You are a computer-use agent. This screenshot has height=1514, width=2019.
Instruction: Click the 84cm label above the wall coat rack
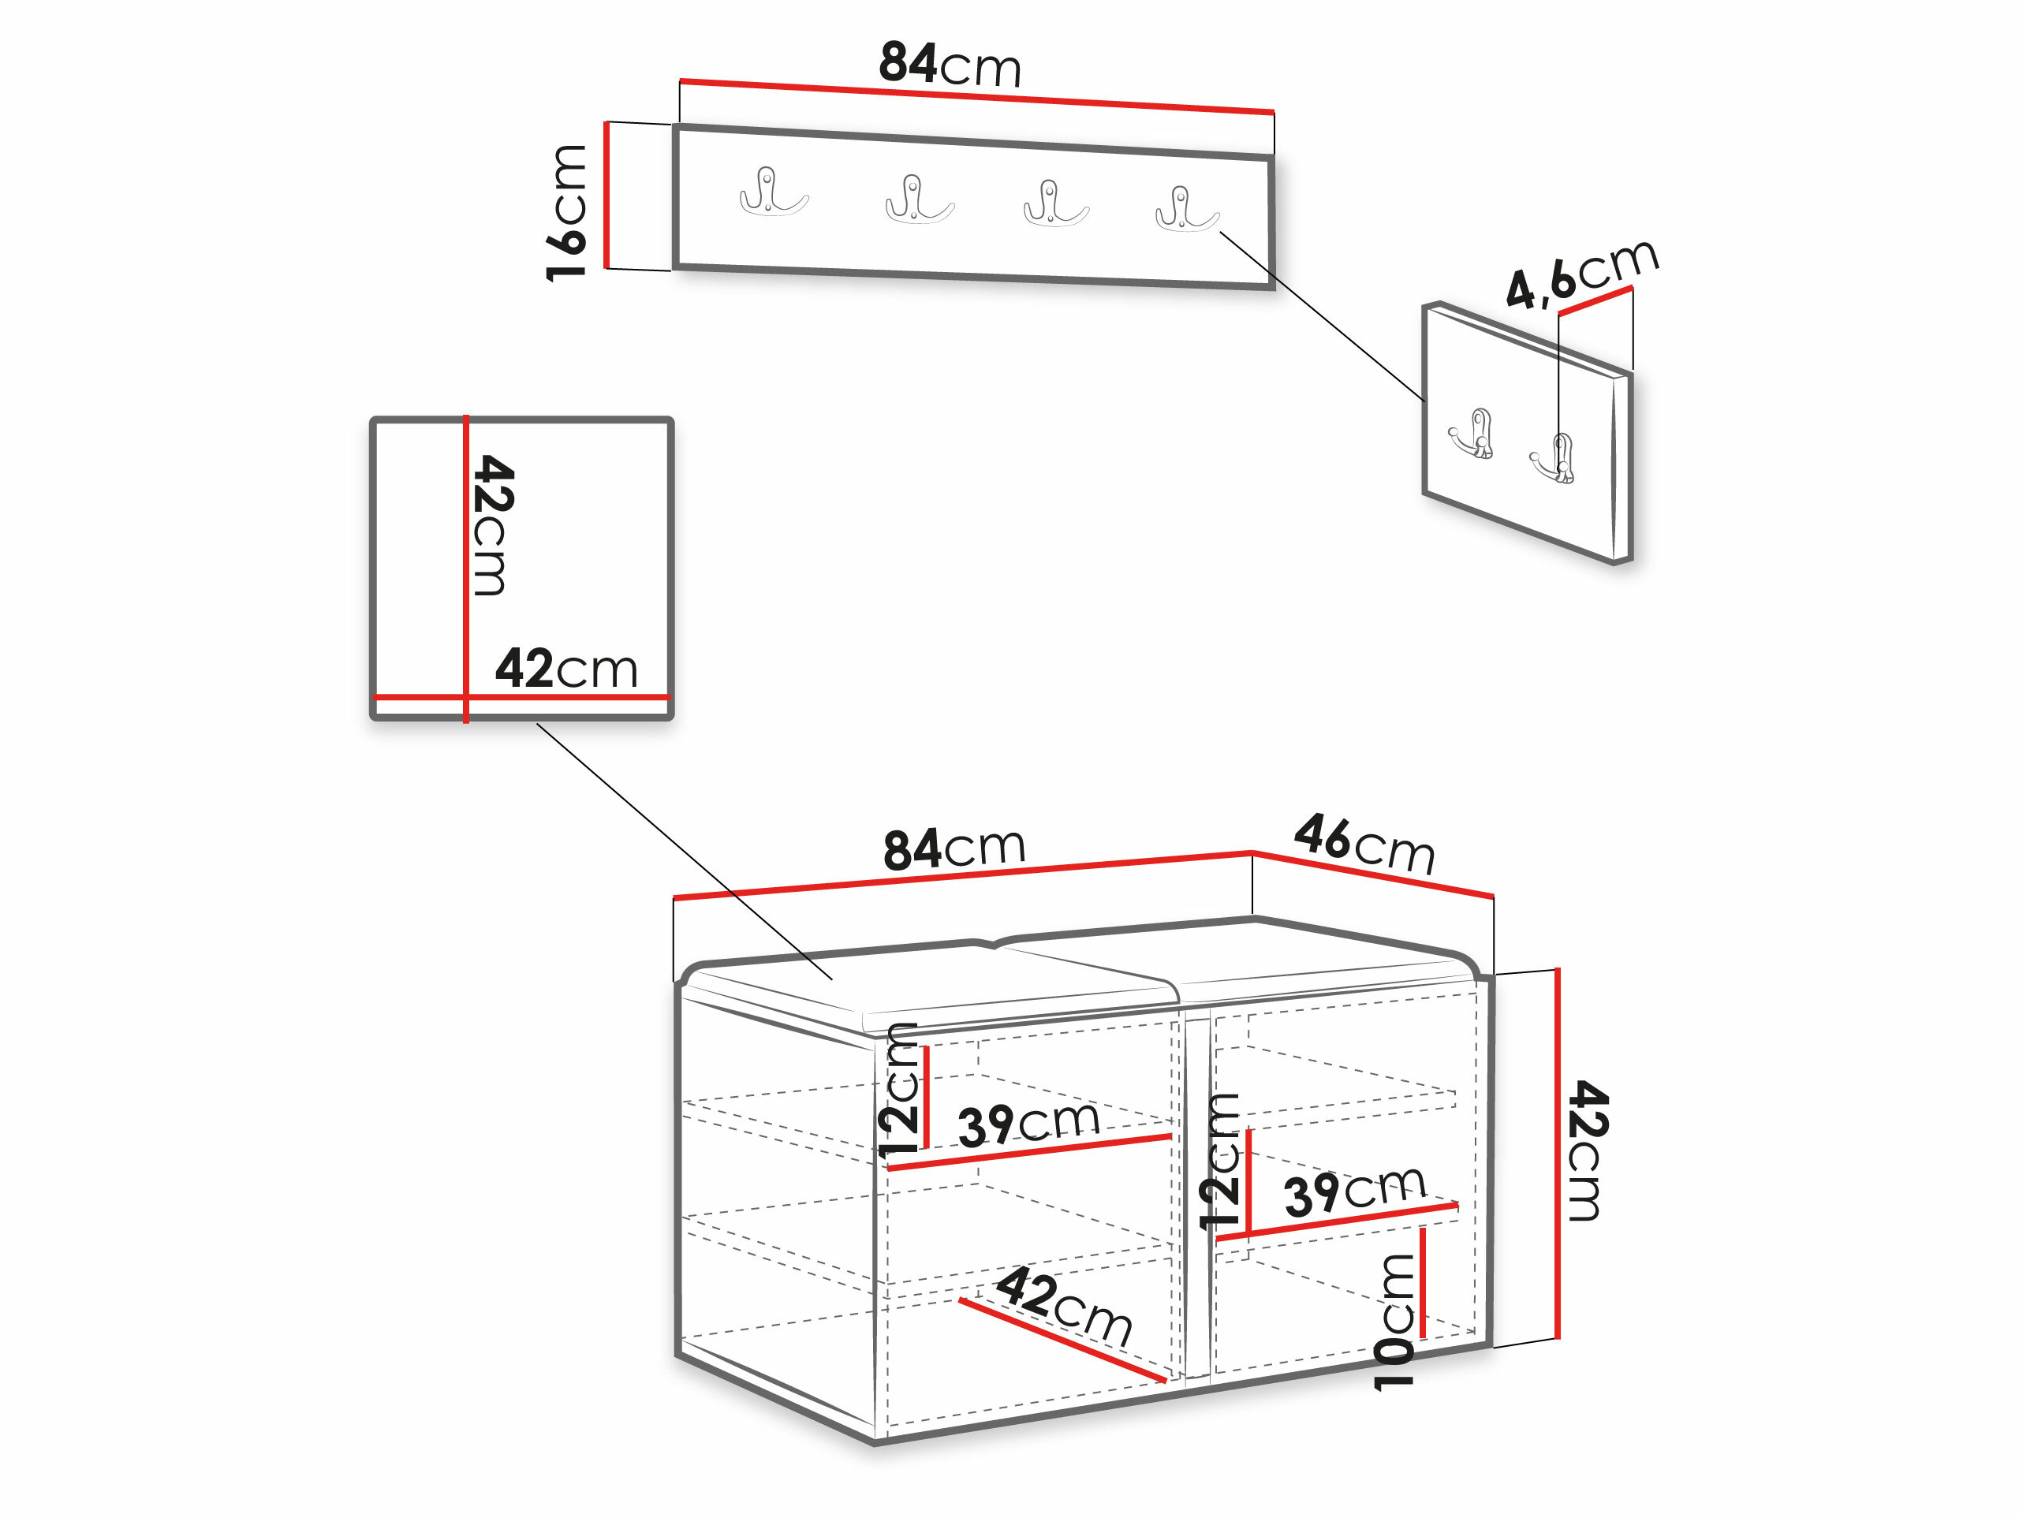point(950,65)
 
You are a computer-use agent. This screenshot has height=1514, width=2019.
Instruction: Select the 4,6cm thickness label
point(1582,273)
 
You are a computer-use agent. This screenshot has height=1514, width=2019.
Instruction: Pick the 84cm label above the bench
point(954,848)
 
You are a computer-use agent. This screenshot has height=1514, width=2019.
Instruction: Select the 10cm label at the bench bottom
point(1394,1321)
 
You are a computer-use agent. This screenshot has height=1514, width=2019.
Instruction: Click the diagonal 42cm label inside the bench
point(1064,1305)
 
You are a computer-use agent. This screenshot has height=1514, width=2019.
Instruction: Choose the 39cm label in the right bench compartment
point(1354,1191)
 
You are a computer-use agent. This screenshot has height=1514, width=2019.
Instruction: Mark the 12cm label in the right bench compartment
point(1219,1161)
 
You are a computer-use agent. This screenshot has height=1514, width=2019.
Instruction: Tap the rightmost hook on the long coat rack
point(1185,209)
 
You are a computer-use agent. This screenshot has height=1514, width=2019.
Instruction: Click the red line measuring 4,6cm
point(1595,300)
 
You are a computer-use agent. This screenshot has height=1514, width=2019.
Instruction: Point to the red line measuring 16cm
point(606,196)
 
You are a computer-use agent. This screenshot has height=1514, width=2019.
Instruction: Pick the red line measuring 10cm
point(1423,1283)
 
